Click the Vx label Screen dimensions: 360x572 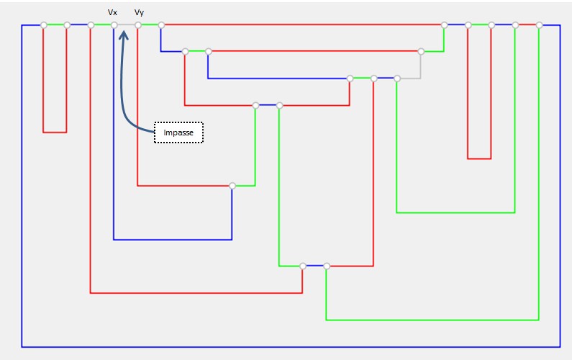[112, 12]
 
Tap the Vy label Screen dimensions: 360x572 [139, 12]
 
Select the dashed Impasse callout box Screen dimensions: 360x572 [178, 132]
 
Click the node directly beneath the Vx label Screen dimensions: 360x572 [114, 25]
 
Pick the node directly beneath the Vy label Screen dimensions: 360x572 [137, 25]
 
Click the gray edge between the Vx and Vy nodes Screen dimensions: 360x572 [126, 25]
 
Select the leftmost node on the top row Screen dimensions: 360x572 [44, 25]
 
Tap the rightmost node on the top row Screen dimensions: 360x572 [539, 25]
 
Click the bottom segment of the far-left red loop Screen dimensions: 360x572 [55, 132]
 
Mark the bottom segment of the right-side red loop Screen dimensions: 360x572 [479, 158]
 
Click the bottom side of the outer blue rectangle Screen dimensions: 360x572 [288, 347]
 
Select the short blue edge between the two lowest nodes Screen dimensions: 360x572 [314, 266]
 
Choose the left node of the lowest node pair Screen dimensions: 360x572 [303, 266]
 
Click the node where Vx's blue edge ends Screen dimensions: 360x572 [232, 186]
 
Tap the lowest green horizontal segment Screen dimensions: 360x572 [432, 320]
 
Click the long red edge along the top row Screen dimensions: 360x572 [302, 25]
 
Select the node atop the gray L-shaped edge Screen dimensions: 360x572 [421, 51]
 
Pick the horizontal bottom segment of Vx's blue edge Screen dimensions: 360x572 [173, 239]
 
